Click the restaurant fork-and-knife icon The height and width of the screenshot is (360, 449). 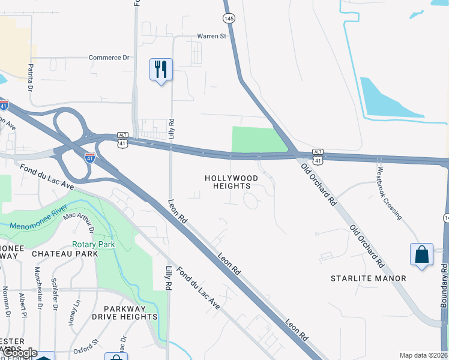[x=160, y=69]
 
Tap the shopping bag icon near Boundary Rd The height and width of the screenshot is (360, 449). [x=421, y=254]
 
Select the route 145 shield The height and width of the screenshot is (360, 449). [x=229, y=19]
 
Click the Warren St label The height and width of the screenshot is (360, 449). [x=211, y=37]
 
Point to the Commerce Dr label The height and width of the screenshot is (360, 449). [x=109, y=58]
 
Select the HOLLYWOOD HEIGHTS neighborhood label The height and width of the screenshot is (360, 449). [x=232, y=182]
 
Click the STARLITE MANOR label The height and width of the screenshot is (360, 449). [x=369, y=278]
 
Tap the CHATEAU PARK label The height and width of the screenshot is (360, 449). [x=65, y=254]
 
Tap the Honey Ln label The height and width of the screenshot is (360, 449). [x=75, y=312]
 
